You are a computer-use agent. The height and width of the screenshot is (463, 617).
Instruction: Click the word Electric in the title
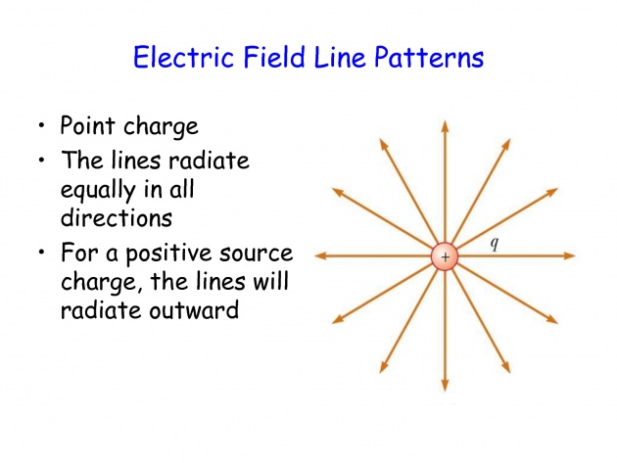coord(183,57)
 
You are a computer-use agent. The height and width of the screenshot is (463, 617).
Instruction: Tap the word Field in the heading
coord(274,57)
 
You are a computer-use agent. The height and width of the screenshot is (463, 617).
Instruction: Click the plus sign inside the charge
coord(445,257)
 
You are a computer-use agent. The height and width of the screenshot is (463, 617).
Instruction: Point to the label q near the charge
coord(495,244)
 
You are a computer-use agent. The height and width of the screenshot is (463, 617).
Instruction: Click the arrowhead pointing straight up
coord(445,126)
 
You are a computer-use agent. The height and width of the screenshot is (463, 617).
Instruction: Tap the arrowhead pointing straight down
coord(445,386)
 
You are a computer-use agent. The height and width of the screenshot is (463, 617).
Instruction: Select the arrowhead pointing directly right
coord(569,255)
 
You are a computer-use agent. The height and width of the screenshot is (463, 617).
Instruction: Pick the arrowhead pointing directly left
coord(320,255)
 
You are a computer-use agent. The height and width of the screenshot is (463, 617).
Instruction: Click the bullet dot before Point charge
coord(42,126)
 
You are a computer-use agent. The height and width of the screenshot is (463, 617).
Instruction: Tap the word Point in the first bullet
coord(88,126)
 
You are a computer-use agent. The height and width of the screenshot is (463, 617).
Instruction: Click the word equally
coord(98,191)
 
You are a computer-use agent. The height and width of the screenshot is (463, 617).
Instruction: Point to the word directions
coord(117,216)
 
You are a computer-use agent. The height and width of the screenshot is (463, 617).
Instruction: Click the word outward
coord(194,309)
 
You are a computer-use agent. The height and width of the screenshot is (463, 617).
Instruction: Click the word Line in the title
coord(340,57)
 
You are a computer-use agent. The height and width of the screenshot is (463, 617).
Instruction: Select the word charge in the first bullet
coord(161,127)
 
